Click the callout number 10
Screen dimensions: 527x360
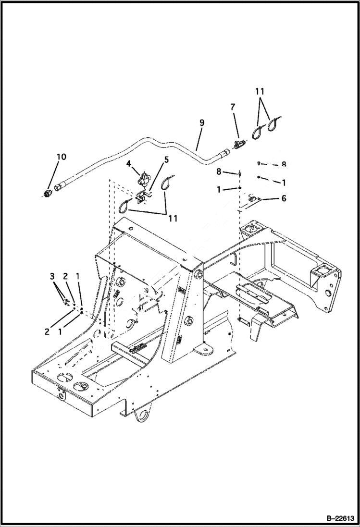click(x=61, y=157)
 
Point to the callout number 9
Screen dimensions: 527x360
click(x=201, y=123)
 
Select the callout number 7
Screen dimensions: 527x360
click(x=233, y=107)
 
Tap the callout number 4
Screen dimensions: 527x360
click(x=129, y=164)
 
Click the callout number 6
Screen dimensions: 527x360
click(x=284, y=198)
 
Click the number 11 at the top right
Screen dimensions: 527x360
click(x=260, y=91)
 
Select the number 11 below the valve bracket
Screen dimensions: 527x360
click(x=173, y=218)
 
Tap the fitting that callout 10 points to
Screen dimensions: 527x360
click(x=48, y=194)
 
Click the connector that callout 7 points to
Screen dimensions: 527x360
click(x=239, y=143)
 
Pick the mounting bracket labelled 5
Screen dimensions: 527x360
click(x=141, y=196)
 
